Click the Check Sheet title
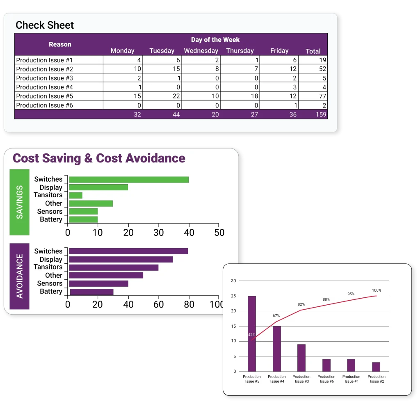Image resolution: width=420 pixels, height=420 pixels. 45,25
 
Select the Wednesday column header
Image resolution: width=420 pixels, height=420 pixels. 201,51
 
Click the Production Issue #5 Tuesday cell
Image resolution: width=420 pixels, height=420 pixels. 162,96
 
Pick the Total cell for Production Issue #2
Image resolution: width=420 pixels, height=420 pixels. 313,69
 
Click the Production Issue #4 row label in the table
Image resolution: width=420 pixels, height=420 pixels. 45,87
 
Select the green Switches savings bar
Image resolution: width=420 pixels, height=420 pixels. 128,179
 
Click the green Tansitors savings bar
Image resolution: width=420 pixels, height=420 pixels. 75,195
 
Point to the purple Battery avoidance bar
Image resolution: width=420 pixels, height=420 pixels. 91,292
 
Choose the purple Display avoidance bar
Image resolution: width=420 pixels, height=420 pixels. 121,259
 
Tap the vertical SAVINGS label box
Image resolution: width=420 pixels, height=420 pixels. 19,202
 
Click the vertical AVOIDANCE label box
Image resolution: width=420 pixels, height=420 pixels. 19,276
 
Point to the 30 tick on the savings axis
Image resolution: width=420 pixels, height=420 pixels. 159,233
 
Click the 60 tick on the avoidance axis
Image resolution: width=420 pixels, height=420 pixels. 158,304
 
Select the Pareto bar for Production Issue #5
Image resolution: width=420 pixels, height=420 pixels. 251,333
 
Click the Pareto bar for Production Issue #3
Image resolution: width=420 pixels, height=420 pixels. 301,358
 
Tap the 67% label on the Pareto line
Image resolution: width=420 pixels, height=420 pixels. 276,316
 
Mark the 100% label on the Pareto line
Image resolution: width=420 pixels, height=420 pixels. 376,290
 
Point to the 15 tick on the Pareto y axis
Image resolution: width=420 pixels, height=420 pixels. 233,326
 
